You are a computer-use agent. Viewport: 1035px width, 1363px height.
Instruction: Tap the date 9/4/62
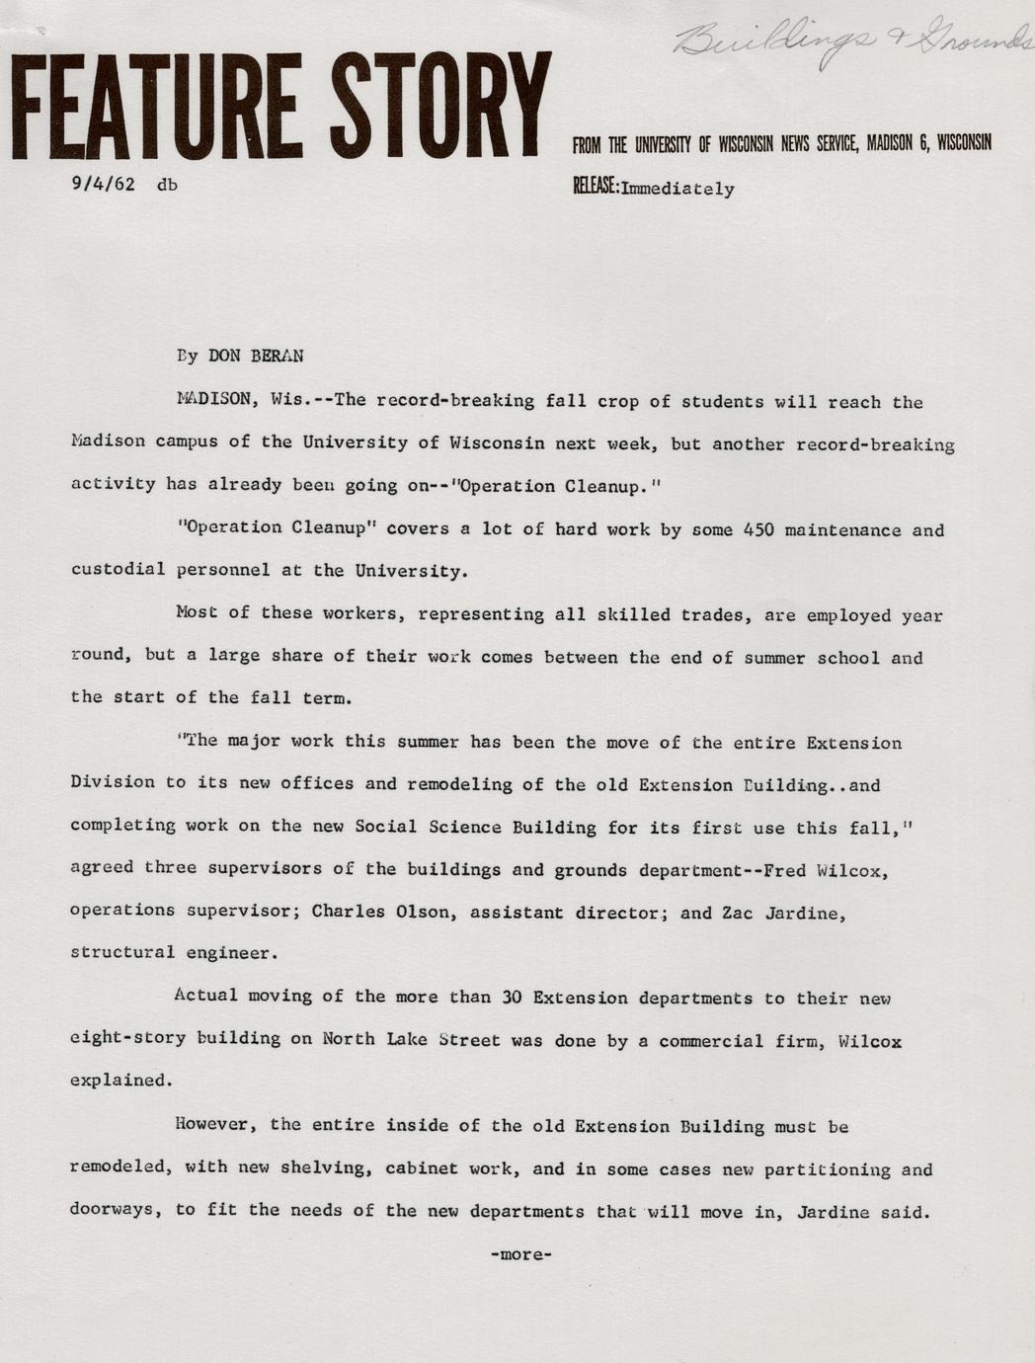(103, 184)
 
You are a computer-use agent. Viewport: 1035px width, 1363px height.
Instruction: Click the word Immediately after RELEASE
(677, 189)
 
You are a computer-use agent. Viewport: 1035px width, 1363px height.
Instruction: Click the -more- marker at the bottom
(520, 1255)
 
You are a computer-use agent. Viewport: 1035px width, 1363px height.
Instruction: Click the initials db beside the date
(167, 184)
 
